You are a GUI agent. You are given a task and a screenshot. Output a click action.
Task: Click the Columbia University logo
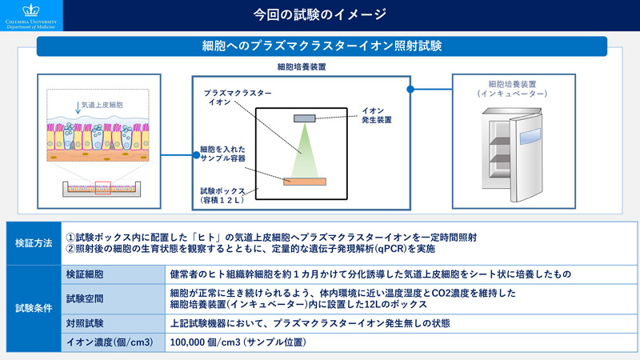coord(31,16)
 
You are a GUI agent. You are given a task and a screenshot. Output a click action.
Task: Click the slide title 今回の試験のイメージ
coord(319,14)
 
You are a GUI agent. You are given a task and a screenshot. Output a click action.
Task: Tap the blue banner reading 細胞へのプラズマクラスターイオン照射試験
coord(322,46)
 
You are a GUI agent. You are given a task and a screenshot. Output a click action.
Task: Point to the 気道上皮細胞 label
coord(102,105)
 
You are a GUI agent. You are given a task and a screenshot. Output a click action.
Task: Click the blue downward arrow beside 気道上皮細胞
coord(78,108)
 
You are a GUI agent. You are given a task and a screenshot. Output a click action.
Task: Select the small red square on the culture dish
coord(103,188)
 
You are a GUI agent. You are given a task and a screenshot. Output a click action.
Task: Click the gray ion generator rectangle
coord(305,118)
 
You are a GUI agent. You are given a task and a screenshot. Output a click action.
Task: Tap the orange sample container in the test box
coord(305,182)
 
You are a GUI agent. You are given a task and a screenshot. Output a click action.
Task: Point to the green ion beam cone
coord(305,150)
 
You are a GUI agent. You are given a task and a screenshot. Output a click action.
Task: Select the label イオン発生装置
coord(376,115)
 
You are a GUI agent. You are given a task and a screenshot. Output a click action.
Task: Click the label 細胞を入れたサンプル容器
coord(222,154)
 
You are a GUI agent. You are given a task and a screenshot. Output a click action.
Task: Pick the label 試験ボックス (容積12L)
coord(222,195)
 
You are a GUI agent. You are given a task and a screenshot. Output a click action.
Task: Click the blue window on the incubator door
coord(530,136)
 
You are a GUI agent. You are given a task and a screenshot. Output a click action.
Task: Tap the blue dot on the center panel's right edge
coord(410,89)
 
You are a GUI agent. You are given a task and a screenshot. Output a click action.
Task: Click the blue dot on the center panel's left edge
coord(196,155)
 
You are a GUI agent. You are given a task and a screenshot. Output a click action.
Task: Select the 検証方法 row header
coord(34,243)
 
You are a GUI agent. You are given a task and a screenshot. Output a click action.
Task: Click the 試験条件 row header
coord(34,308)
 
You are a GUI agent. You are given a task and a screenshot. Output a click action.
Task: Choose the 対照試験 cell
coord(113,323)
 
